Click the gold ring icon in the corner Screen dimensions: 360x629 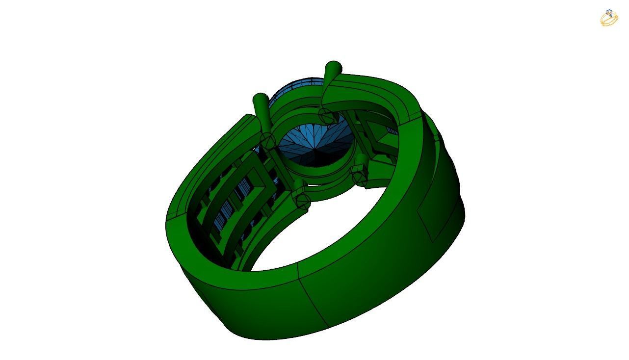pyautogui.click(x=609, y=18)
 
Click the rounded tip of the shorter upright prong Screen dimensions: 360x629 pyautogui.click(x=261, y=98)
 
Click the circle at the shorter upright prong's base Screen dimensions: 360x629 pyautogui.click(x=268, y=141)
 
